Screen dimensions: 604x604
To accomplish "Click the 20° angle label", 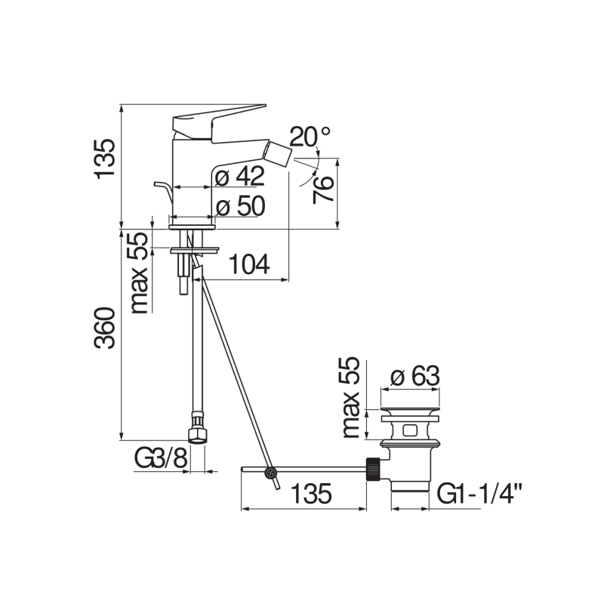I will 310,137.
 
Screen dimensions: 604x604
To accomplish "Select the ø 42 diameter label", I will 239,177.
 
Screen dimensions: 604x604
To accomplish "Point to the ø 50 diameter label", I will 239,206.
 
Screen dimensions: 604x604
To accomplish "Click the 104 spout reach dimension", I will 248,264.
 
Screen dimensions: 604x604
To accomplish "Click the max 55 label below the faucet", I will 138,273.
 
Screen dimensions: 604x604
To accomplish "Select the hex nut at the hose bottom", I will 196,434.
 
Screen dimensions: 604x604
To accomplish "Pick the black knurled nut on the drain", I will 372,469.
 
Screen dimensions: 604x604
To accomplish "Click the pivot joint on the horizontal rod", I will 270,473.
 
